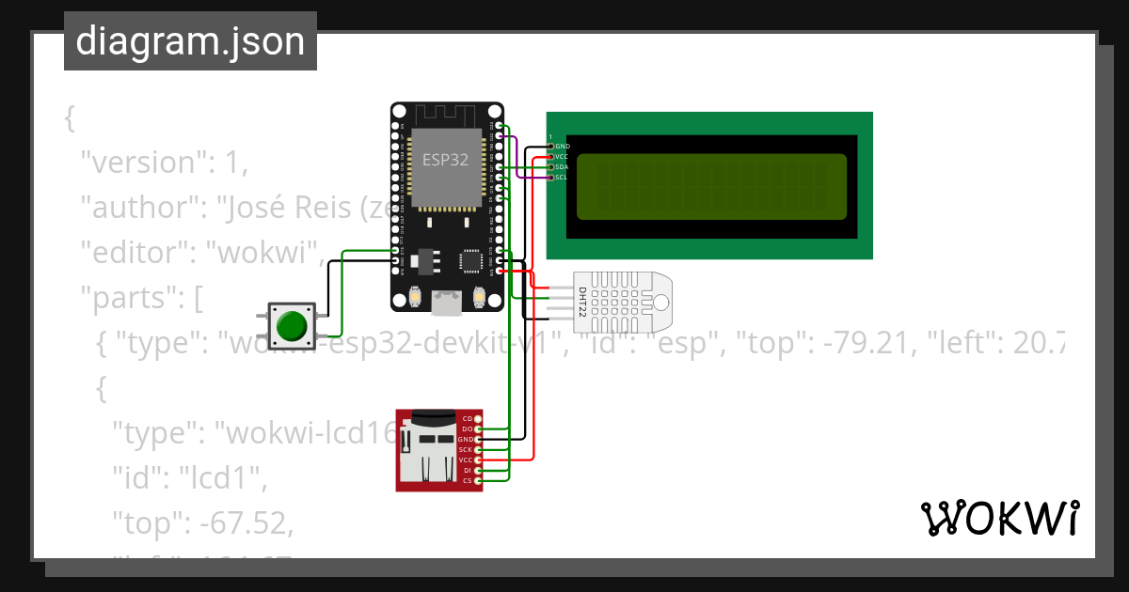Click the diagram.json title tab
(x=190, y=41)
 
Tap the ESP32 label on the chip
(x=445, y=159)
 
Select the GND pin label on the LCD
(x=563, y=147)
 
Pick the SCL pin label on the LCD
(x=562, y=177)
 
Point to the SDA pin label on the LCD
(x=562, y=166)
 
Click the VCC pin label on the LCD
(x=562, y=157)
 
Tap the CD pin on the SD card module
(x=468, y=418)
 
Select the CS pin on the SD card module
(x=468, y=480)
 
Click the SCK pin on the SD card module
(x=466, y=449)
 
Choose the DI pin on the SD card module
(x=468, y=470)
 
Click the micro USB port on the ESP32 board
(x=446, y=303)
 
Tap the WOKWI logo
(x=999, y=518)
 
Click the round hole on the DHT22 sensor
(x=660, y=302)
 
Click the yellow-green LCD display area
(x=710, y=186)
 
